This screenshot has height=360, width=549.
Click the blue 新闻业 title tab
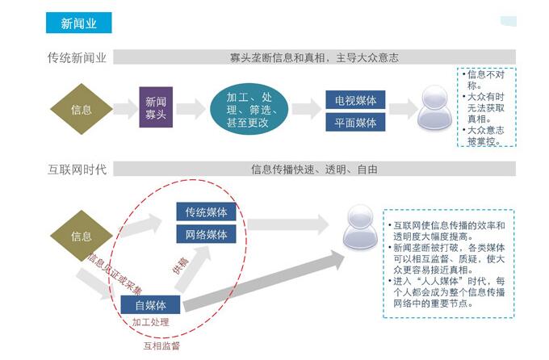[78, 23]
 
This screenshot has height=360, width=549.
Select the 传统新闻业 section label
[78, 57]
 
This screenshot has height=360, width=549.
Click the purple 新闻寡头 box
[156, 108]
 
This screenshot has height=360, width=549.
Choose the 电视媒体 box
[356, 100]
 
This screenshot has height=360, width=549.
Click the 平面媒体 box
[356, 123]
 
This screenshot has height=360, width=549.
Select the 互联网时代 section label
[77, 170]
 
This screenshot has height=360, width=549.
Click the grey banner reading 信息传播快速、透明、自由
[314, 170]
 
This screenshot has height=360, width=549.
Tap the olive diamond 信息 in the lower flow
[82, 237]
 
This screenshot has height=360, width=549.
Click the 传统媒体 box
[206, 212]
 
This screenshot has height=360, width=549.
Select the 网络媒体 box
[206, 235]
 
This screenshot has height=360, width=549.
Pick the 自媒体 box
[150, 305]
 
